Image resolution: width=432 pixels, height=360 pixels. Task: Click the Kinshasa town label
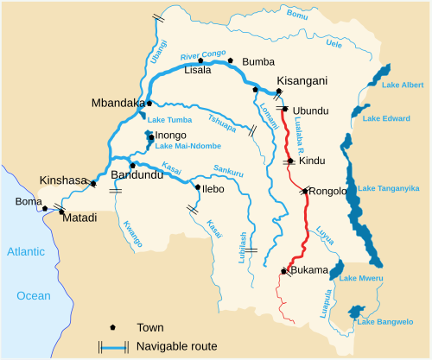[62, 181]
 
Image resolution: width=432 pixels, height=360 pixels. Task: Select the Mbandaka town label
[117, 103]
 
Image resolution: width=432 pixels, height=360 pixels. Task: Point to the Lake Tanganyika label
[391, 188]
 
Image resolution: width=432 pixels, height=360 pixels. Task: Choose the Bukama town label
[310, 270]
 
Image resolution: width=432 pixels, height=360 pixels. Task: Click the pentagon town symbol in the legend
[113, 328]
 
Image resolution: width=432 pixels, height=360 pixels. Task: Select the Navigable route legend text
[177, 346]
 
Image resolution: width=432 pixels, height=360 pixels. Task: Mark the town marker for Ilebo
[197, 186]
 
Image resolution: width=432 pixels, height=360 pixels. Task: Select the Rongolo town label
[328, 191]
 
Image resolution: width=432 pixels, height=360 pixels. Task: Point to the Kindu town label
[311, 161]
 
